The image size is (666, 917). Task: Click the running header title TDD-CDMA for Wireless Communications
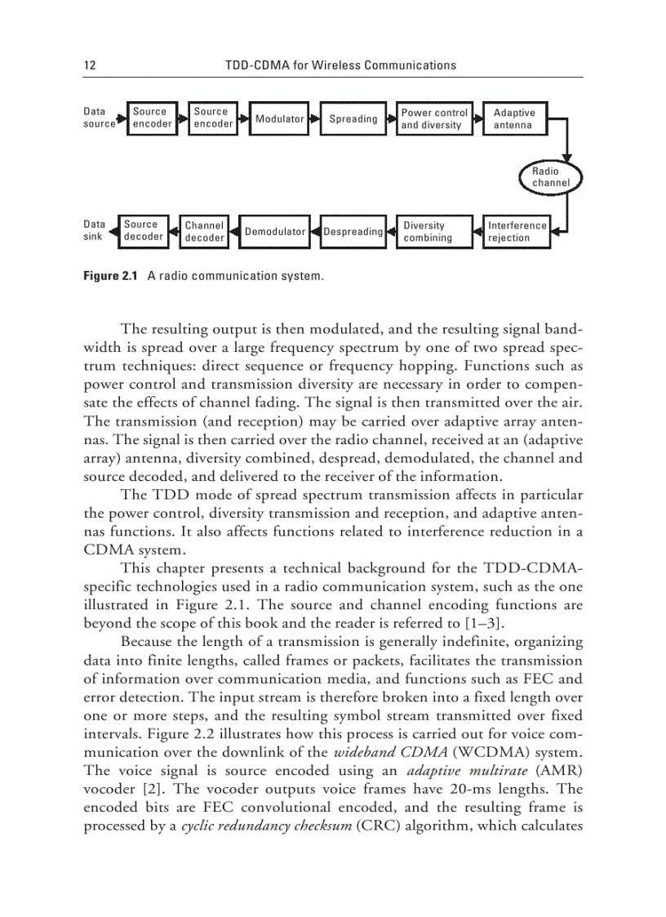[340, 65]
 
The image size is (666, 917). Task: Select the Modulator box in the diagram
[279, 119]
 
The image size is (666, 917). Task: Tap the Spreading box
[353, 119]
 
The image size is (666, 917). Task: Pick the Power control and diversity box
[434, 119]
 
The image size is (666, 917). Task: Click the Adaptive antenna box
[514, 119]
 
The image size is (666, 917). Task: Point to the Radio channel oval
[551, 177]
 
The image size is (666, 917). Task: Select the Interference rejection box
[517, 232]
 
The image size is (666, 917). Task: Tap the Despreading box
[353, 232]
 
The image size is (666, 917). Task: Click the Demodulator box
[275, 232]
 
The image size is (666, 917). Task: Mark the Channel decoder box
[204, 232]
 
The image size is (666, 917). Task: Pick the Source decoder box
[144, 231]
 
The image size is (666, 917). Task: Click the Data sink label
[95, 230]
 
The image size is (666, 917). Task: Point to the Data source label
[100, 118]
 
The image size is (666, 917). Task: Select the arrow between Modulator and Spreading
[313, 119]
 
